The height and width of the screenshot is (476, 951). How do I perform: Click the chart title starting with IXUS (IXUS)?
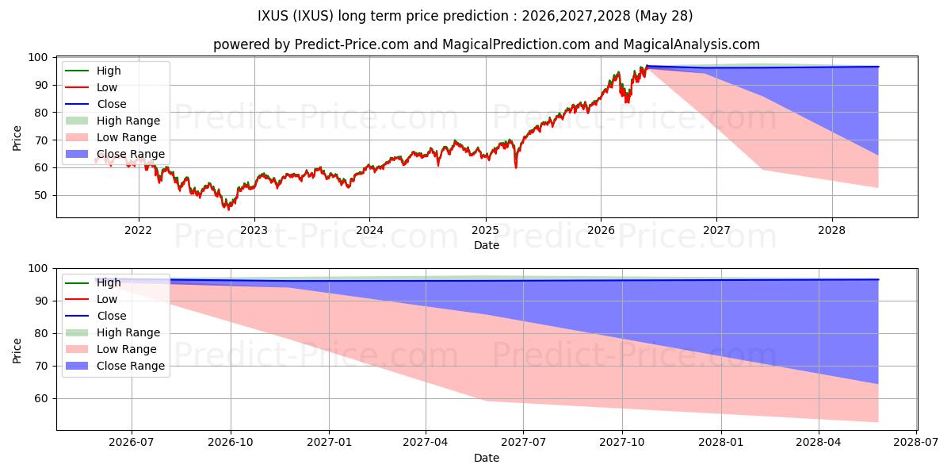pos(475,16)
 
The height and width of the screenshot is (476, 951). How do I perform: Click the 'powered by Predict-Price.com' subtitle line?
pos(487,44)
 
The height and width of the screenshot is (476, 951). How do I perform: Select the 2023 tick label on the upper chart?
pos(254,230)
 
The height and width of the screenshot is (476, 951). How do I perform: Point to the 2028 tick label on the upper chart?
pos(831,230)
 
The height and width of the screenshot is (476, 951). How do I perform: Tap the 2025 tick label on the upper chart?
pos(485,230)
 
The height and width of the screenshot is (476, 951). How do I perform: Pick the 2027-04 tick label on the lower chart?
pos(426,442)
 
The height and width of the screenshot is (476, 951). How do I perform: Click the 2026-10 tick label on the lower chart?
pos(231,442)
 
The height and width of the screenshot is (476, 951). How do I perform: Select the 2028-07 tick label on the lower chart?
pos(916,442)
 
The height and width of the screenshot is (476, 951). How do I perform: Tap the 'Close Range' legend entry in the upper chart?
pos(115,154)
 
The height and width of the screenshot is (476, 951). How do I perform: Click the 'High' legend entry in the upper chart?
pos(93,71)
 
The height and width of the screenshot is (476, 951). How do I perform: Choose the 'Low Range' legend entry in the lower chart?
pos(111,349)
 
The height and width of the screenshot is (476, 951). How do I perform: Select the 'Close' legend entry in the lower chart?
pos(96,316)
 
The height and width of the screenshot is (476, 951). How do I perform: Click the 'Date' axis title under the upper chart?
pos(487,245)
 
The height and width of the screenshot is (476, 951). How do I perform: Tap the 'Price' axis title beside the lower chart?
pos(17,351)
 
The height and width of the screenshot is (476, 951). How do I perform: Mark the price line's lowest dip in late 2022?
pos(228,209)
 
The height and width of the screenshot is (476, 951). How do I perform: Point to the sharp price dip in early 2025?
pos(516,167)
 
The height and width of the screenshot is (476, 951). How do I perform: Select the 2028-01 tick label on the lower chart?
pos(721,442)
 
